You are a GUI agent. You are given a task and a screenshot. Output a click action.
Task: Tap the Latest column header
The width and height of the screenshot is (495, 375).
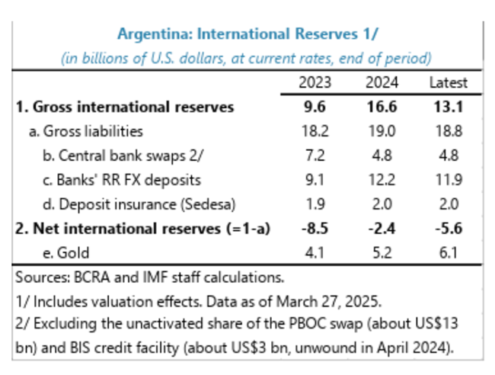click(x=448, y=82)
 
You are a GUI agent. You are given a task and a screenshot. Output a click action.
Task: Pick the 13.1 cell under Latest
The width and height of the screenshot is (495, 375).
click(x=448, y=107)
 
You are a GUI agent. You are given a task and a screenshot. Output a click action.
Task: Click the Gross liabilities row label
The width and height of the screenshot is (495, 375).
click(x=85, y=131)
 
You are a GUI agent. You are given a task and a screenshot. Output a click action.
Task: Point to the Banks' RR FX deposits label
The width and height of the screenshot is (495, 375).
click(x=116, y=180)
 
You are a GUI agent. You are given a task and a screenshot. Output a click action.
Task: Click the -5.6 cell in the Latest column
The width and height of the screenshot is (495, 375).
click(x=446, y=229)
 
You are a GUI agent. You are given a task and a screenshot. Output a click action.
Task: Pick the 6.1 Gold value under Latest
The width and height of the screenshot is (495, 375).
click(x=448, y=253)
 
